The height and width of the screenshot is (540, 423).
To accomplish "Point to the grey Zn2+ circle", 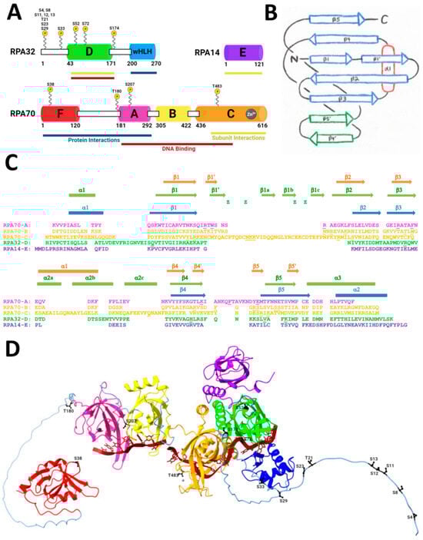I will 254,114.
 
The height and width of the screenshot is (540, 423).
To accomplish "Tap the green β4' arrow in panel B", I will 339,139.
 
